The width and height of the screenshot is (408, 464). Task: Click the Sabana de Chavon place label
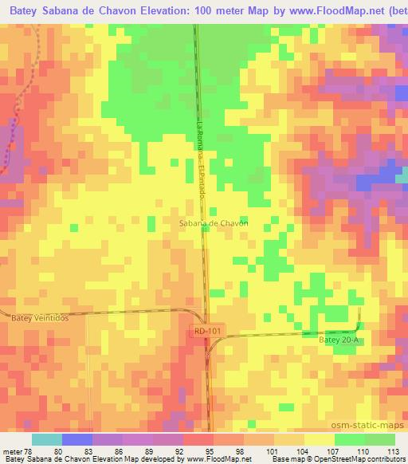click(x=213, y=223)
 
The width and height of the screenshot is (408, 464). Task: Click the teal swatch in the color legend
click(x=46, y=439)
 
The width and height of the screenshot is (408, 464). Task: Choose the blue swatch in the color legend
click(x=76, y=439)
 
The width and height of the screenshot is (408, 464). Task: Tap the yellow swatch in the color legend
click(x=319, y=439)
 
